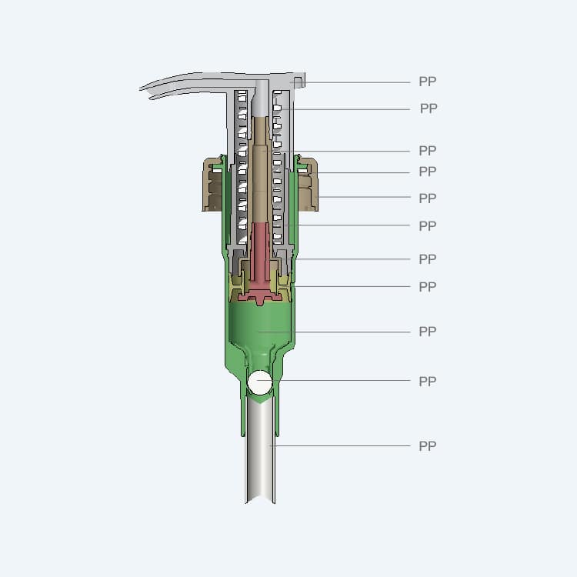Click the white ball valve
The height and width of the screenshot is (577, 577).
click(x=260, y=382)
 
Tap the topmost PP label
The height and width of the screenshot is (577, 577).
click(x=427, y=82)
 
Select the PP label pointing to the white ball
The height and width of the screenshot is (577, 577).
click(x=427, y=382)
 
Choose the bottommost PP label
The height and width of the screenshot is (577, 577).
click(x=427, y=446)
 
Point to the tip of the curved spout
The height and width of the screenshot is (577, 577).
click(x=141, y=88)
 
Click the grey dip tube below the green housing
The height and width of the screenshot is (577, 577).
click(x=260, y=452)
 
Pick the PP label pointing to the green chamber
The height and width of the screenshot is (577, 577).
click(x=427, y=331)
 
